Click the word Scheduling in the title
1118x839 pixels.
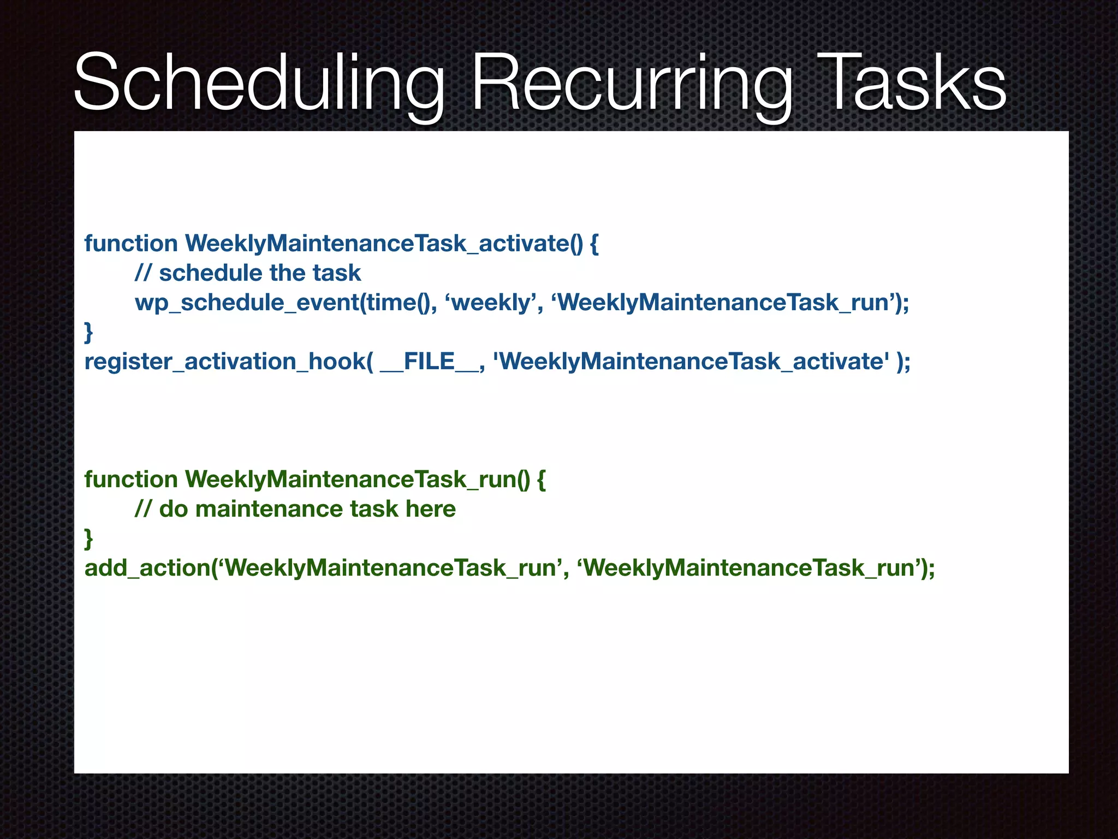259,83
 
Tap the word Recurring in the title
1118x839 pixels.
631,83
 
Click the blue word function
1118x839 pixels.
131,243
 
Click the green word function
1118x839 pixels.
131,479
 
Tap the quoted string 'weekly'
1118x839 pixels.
491,302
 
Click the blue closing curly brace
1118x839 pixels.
88,332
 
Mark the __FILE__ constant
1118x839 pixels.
429,361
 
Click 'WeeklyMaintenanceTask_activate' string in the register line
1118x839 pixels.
691,361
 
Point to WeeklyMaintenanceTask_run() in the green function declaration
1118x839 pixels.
357,479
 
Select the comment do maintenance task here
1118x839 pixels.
295,509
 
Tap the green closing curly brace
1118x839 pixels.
88,538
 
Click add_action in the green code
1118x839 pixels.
147,568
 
